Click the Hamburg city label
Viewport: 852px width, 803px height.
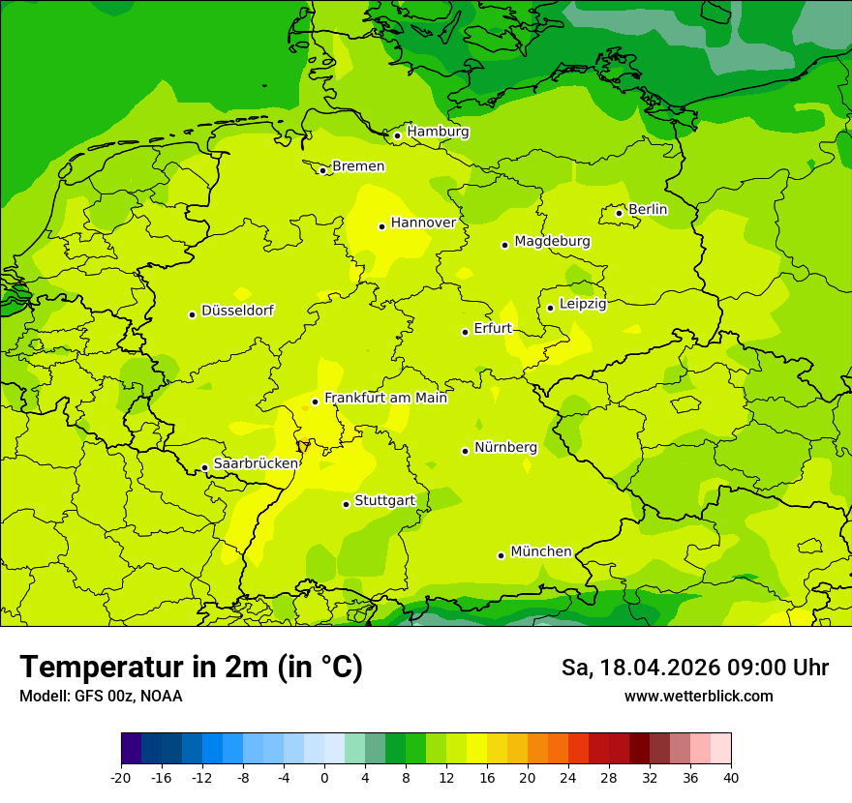coord(438,132)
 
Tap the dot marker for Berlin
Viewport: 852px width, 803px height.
coord(619,213)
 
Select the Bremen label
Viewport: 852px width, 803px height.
coord(358,166)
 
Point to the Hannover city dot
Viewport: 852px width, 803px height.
coord(381,226)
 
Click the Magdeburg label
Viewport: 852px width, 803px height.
coord(552,241)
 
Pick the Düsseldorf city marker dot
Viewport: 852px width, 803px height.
coord(192,314)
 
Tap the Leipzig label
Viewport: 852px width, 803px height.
coord(583,304)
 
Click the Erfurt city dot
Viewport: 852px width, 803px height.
coord(465,332)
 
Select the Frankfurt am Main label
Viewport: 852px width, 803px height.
coord(385,398)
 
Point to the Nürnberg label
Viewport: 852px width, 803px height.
coord(505,447)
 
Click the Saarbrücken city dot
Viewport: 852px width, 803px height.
coord(204,468)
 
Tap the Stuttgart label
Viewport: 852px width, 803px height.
coord(384,500)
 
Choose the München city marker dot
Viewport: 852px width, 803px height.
coord(501,555)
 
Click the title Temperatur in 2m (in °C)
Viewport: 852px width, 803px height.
coord(191,667)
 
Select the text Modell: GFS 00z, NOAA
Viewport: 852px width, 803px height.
coord(101,696)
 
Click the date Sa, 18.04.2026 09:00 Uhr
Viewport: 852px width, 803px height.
coord(694,668)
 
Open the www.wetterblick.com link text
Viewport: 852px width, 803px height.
coord(698,696)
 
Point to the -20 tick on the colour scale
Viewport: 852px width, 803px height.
coord(121,777)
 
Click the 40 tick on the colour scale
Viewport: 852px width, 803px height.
coord(731,777)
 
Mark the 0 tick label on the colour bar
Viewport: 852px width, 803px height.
coord(324,777)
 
